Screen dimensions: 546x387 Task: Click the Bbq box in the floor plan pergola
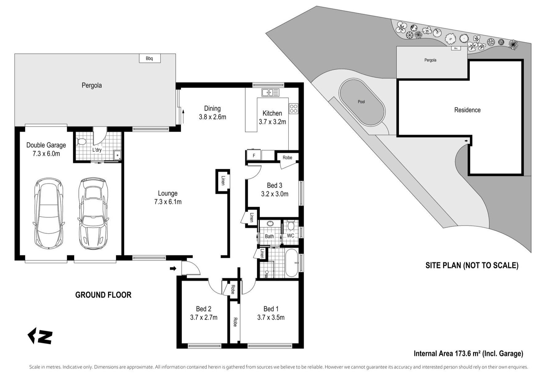click(150, 58)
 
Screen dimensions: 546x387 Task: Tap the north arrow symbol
click(40, 336)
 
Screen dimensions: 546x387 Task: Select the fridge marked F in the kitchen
click(254, 155)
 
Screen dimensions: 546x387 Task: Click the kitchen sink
click(270, 92)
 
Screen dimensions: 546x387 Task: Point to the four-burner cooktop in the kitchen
click(293, 108)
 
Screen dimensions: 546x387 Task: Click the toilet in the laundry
click(81, 142)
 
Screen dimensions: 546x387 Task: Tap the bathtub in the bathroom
click(292, 263)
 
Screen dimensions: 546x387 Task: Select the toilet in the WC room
click(291, 225)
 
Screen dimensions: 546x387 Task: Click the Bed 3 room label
click(275, 186)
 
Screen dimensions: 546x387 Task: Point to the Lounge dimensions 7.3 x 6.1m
click(168, 202)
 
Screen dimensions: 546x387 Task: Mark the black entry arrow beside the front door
click(173, 269)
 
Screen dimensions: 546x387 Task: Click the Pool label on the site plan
click(361, 102)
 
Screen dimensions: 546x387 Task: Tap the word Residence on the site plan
click(467, 110)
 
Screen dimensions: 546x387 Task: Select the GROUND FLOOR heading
click(103, 295)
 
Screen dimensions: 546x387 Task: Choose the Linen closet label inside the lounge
click(223, 181)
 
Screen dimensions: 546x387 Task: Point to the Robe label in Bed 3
click(287, 158)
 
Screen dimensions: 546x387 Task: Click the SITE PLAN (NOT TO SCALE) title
click(472, 265)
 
